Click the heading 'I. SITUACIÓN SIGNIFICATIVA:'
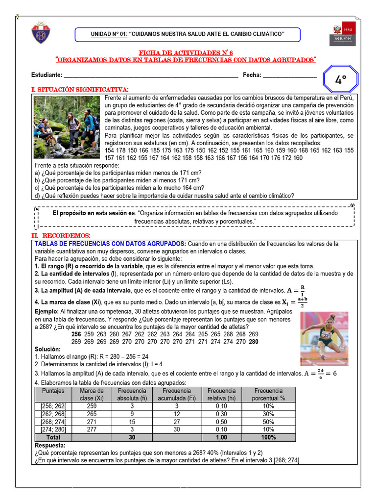80,89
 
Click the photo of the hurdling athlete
324,338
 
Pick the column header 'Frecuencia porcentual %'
268,394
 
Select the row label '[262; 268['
53,414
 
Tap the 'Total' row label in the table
53,437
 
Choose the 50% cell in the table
268,422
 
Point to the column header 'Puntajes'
53,391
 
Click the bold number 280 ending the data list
254,342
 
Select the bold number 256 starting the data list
76,334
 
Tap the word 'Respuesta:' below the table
49,445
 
